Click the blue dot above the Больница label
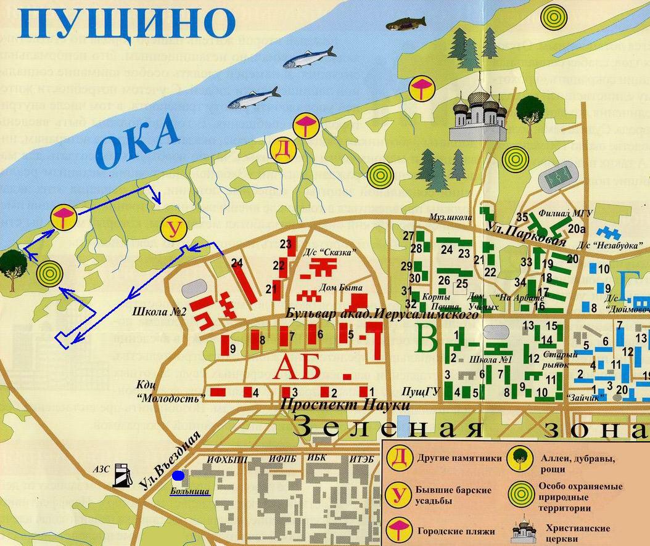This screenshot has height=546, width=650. pyautogui.click(x=179, y=476)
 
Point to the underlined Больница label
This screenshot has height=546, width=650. pyautogui.click(x=190, y=492)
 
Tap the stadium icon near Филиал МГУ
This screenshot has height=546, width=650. pyautogui.click(x=559, y=179)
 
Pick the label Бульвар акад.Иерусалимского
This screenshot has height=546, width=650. pyautogui.click(x=382, y=314)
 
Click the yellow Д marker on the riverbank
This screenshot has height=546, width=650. pyautogui.click(x=282, y=150)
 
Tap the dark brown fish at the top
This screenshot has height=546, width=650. pyautogui.click(x=406, y=23)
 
